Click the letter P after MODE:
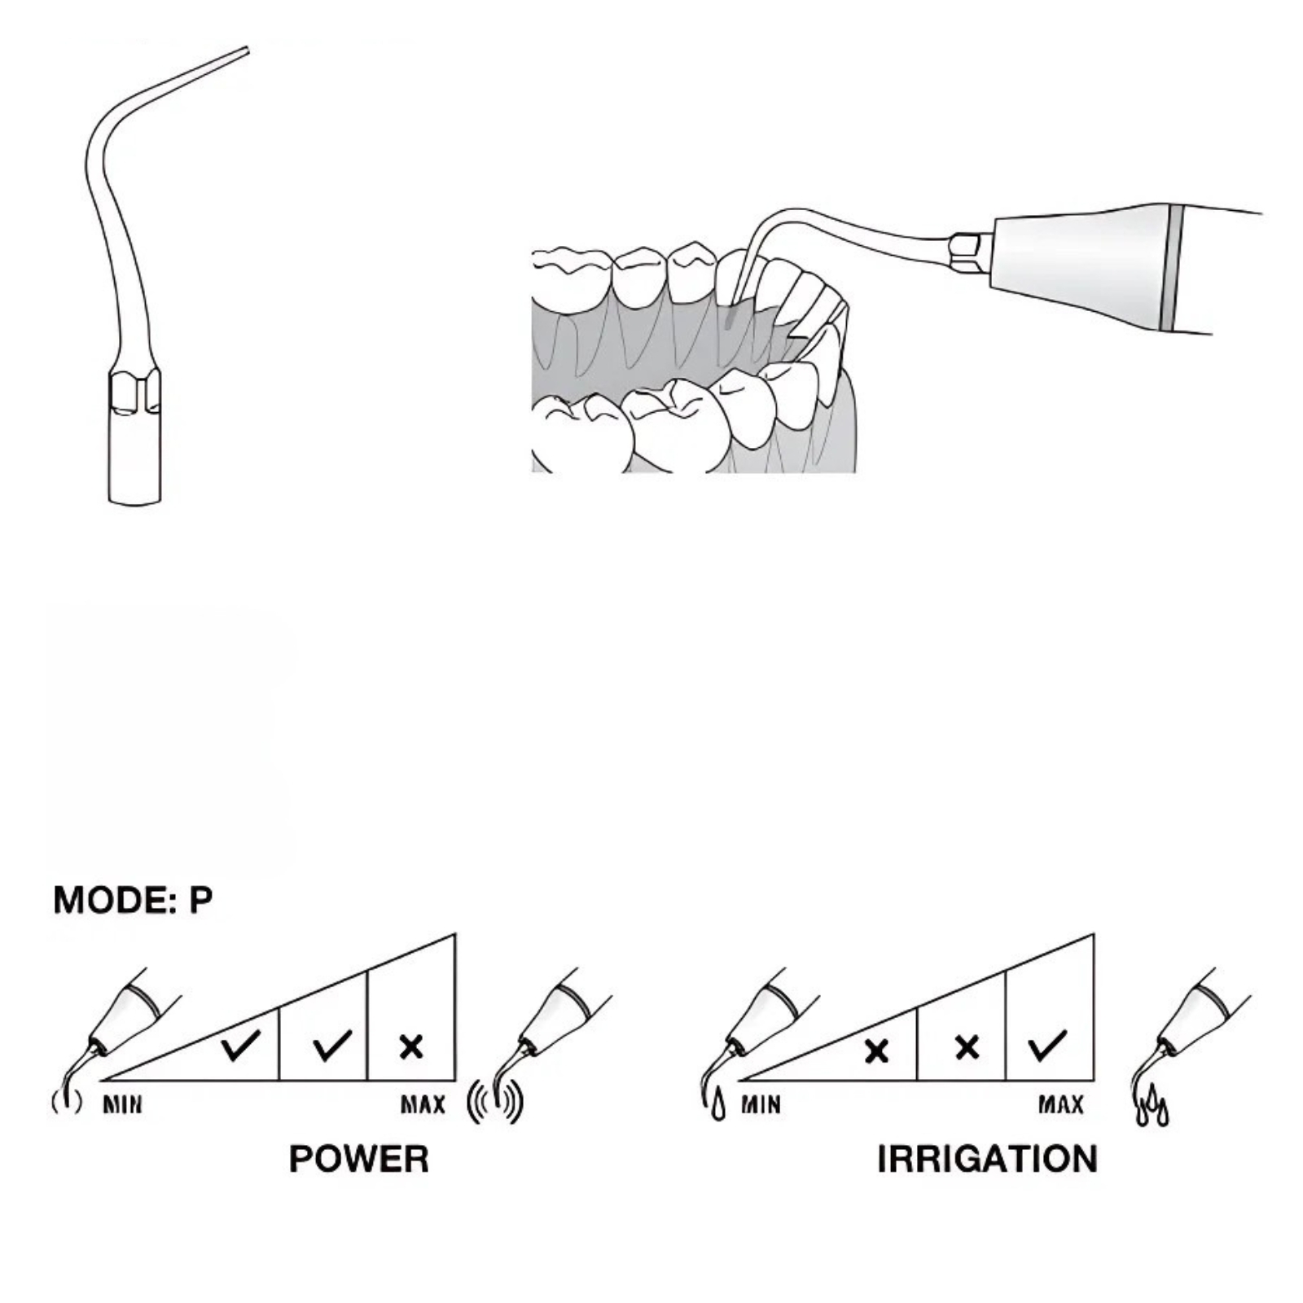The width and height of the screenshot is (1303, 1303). (200, 900)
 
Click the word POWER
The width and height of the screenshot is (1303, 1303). (359, 1159)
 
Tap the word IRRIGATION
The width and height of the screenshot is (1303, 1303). (987, 1159)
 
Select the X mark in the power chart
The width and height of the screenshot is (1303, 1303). (412, 1046)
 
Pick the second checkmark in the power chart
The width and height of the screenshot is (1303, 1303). (332, 1045)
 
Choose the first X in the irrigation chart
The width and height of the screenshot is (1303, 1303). (876, 1051)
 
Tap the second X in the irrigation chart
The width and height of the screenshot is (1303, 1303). (967, 1046)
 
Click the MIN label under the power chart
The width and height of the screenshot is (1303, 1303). (122, 1105)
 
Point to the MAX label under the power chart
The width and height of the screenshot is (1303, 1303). (423, 1105)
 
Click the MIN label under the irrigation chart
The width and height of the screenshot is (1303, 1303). (761, 1105)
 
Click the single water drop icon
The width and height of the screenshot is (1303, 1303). (717, 1108)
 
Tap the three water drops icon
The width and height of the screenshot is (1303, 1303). (1152, 1108)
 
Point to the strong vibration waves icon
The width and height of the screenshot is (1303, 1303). (495, 1103)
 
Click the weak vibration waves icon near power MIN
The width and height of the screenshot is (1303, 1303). (67, 1102)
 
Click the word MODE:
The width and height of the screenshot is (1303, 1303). (115, 900)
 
